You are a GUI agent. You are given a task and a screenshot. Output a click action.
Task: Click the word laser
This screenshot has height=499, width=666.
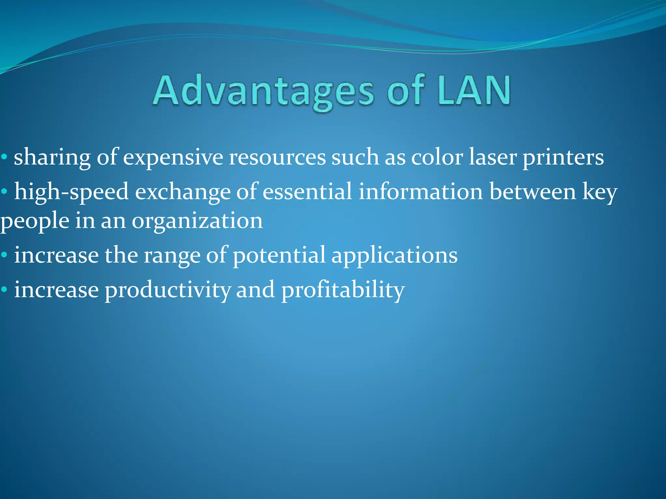(493, 157)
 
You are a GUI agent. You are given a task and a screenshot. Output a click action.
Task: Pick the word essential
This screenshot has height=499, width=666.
(307, 192)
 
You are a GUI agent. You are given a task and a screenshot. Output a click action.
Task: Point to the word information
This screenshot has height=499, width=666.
(421, 192)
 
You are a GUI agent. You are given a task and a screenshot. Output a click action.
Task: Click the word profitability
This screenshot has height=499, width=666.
(343, 290)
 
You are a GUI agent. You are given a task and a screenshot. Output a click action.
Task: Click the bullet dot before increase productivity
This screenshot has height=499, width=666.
(4, 289)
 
